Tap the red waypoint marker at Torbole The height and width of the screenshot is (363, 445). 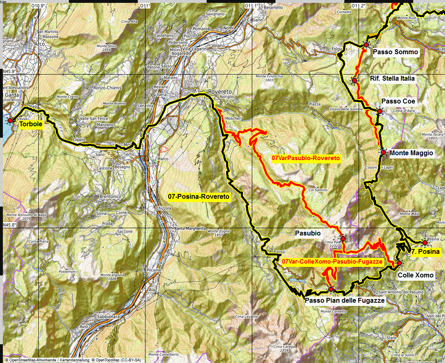[x=10, y=120]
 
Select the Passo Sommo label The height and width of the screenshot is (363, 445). [x=395, y=52]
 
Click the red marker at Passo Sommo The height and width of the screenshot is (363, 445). [x=366, y=44]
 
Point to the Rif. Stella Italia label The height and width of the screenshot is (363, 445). [x=392, y=78]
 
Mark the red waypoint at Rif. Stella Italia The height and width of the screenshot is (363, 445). [x=355, y=81]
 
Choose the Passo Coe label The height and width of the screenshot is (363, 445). [x=398, y=101]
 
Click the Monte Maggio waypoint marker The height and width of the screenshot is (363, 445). [x=383, y=152]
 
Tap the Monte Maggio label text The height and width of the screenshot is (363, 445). [x=412, y=153]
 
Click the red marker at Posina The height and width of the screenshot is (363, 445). [x=425, y=243]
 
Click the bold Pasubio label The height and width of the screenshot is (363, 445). [x=308, y=233]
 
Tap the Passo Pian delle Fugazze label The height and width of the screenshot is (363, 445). [x=345, y=300]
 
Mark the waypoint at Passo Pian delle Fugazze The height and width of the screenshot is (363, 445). [x=330, y=289]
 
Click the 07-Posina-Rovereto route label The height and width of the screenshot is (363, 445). [x=199, y=197]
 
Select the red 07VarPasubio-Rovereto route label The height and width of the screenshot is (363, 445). [x=306, y=158]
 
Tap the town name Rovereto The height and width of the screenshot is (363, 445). [x=220, y=92]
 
